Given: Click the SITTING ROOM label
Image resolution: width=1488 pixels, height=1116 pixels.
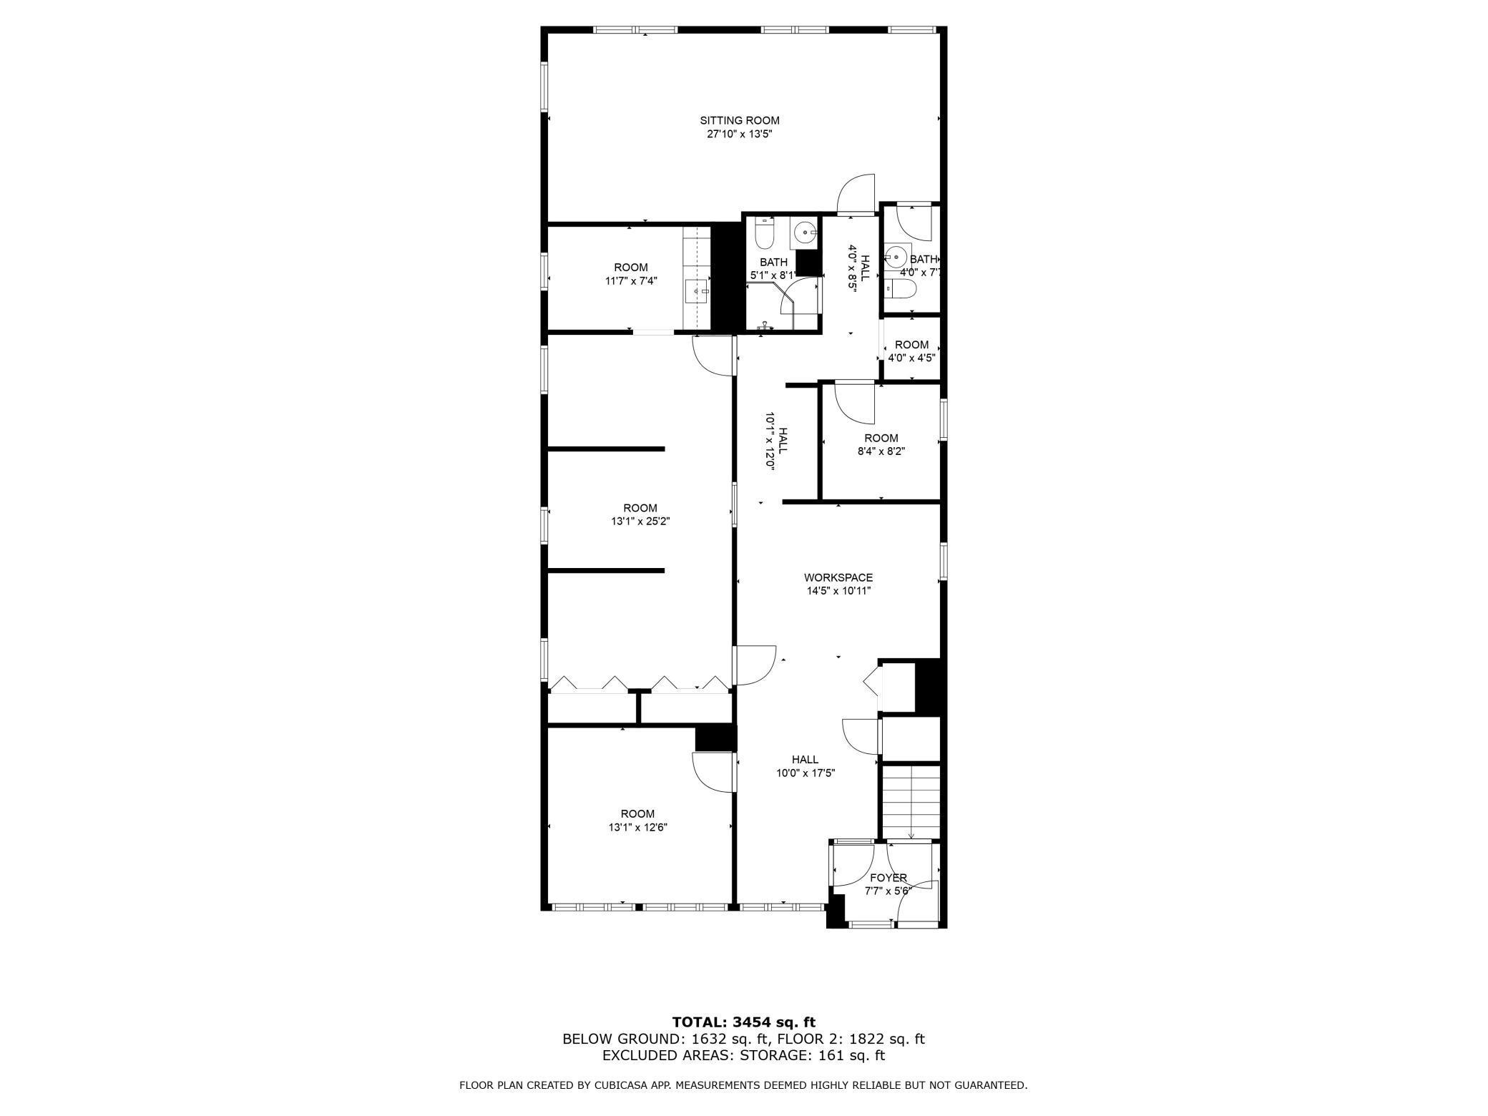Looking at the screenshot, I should [x=739, y=120].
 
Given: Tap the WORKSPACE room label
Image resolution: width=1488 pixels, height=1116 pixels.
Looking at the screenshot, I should [x=838, y=577].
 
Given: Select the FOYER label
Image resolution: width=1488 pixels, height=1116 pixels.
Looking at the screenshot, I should [x=888, y=878].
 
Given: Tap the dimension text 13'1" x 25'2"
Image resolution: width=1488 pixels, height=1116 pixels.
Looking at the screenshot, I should [x=640, y=522].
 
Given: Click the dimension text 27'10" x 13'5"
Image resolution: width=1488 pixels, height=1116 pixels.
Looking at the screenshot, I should [x=739, y=134].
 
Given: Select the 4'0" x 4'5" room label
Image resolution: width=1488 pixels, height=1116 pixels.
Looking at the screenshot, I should [x=911, y=351].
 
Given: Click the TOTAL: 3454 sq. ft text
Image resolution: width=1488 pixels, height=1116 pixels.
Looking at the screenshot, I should [x=743, y=1022].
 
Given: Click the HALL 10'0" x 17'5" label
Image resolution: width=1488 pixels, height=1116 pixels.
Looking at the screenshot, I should [x=806, y=765].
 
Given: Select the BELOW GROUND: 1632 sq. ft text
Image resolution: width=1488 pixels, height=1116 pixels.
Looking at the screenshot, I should [x=666, y=1039].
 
